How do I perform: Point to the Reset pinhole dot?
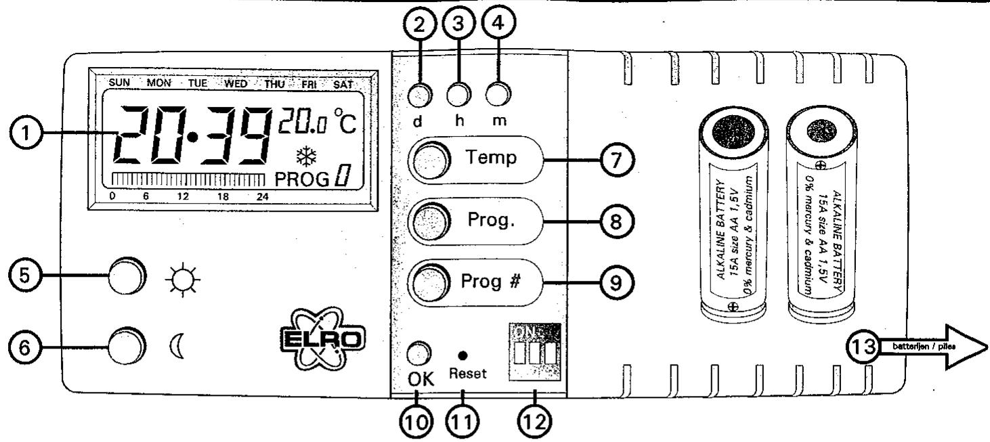(461, 355)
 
